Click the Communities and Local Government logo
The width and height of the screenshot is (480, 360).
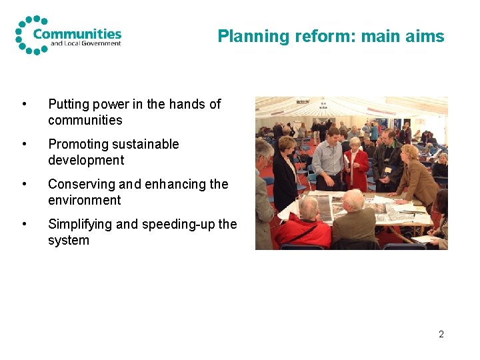68,35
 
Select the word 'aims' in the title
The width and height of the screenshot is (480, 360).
426,37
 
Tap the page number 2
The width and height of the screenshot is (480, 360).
441,334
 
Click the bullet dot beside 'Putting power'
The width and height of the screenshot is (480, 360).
25,105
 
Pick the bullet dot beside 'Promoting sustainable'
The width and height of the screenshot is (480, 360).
25,145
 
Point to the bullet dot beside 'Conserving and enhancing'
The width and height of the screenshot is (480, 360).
25,185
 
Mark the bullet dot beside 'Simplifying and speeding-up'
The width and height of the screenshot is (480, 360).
25,225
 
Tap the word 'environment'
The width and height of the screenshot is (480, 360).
85,200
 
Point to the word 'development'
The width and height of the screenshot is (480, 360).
86,160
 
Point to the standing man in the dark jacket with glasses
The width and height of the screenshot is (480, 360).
387,160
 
